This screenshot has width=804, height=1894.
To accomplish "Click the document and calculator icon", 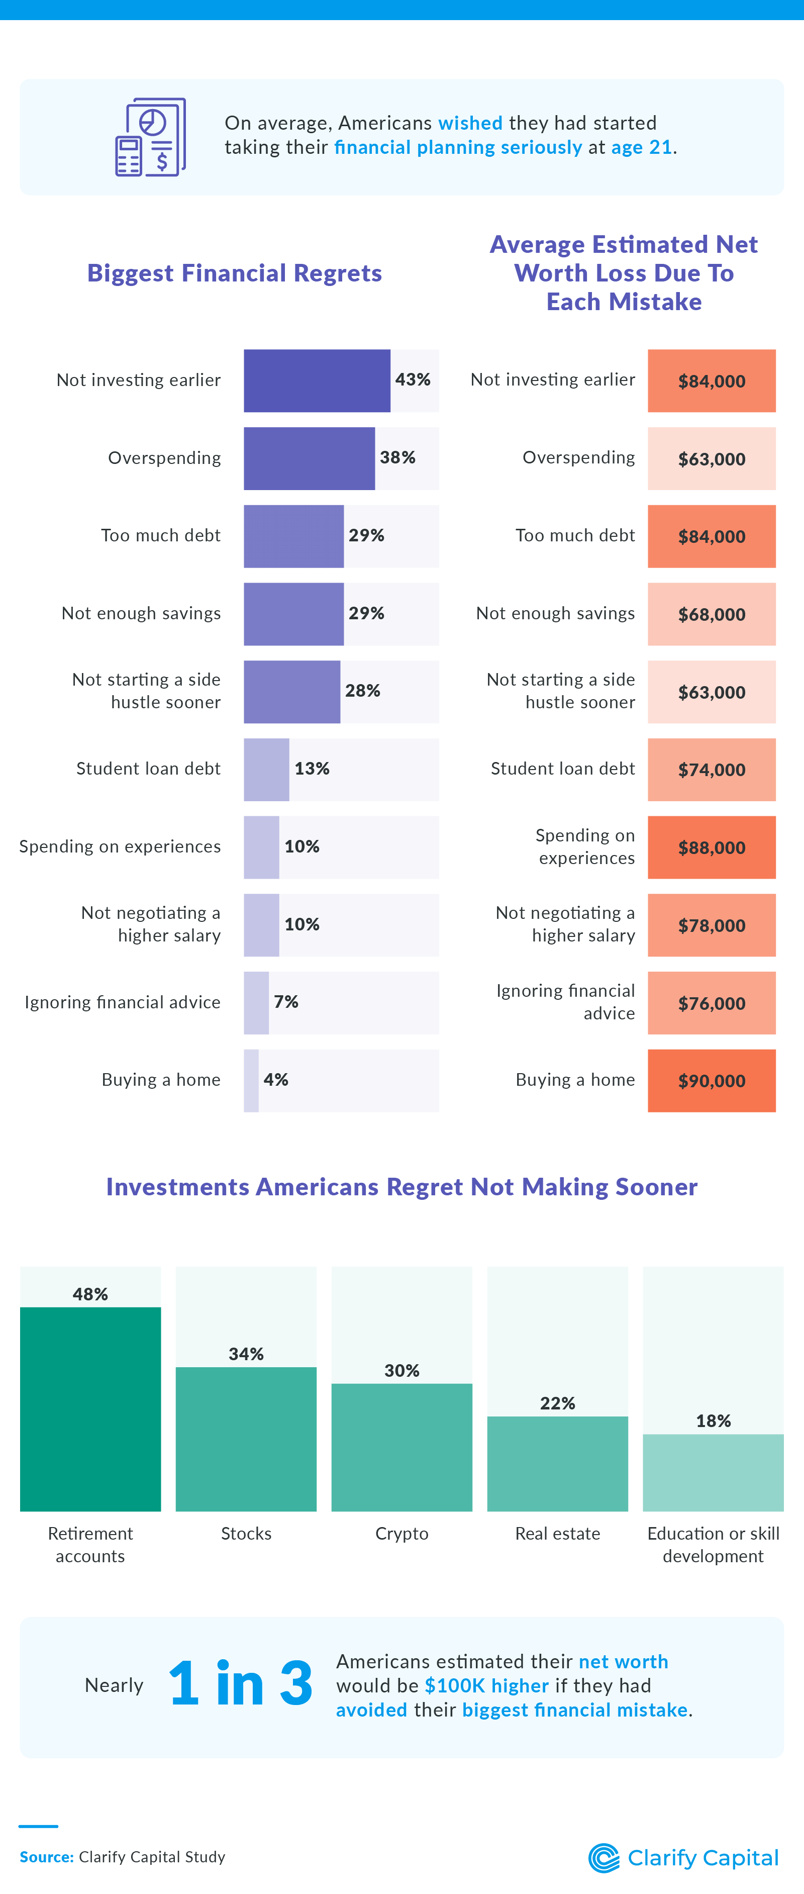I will pos(151,138).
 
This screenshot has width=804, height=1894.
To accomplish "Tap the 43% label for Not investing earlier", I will pos(412,380).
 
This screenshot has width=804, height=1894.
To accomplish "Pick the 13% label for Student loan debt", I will pos(312,769).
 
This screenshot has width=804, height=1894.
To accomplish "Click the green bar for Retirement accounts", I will pos(90,1408).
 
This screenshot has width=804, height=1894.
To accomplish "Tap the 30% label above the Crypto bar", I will pos(401,1371).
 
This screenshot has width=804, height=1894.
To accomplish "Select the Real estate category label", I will pos(557,1533).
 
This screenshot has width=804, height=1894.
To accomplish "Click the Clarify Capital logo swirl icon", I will pos(604,1858).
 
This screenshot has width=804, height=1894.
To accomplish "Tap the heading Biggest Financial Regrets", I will pos(235,273).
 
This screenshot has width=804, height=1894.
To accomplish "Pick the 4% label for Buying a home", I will pos(275,1079).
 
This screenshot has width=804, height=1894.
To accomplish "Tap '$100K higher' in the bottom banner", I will pos(486,1685).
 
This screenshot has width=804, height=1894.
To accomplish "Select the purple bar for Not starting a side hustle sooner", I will pos(292,691).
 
